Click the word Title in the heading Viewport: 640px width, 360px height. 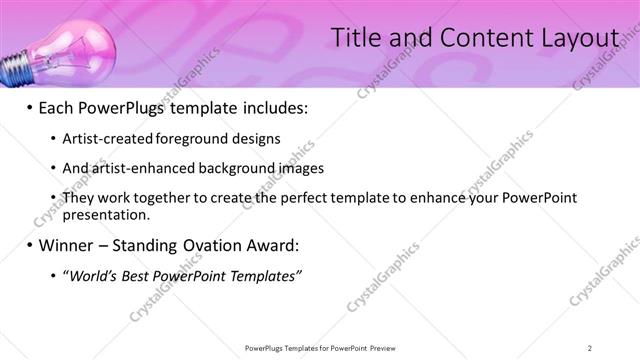(x=355, y=38)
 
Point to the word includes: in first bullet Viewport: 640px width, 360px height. (x=270, y=106)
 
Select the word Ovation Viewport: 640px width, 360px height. (x=205, y=245)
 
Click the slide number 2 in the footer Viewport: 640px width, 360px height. (x=590, y=347)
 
